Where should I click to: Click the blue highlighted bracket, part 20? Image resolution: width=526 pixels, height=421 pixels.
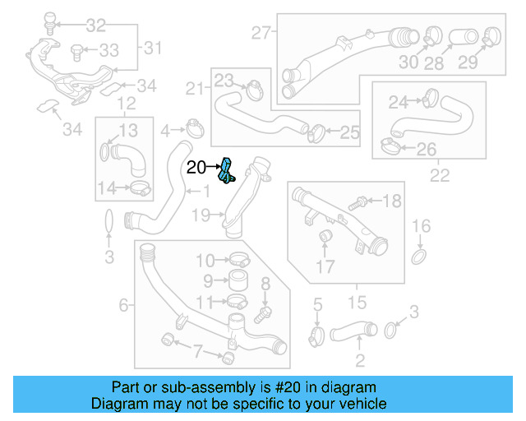226,170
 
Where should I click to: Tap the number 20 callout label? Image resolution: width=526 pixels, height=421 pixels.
196,168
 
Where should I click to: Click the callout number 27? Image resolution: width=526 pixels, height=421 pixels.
261,34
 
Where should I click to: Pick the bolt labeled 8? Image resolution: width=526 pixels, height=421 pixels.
263,312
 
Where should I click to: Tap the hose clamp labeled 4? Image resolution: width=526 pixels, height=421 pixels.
195,128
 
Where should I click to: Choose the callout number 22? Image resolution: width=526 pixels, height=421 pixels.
440,174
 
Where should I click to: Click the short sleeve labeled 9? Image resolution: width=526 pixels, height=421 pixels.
238,280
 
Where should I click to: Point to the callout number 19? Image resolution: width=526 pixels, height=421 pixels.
201,215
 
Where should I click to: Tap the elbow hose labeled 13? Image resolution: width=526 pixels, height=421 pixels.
125,155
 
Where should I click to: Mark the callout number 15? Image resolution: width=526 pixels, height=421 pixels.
358,303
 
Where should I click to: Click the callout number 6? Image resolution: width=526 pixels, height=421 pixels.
124,305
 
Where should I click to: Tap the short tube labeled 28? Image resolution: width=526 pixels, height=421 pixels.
458,37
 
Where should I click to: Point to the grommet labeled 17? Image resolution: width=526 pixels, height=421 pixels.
325,238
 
